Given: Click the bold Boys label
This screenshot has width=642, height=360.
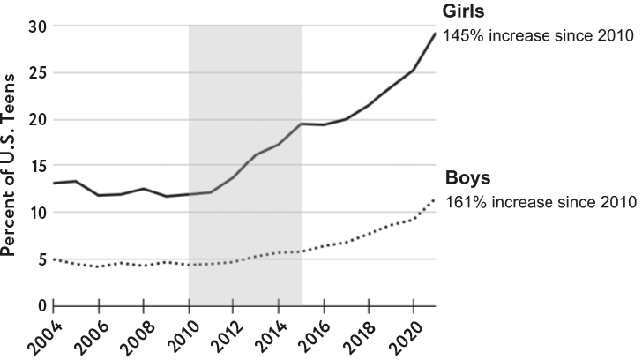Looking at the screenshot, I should tap(467, 177).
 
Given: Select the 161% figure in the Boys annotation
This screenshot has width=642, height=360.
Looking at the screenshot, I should tap(464, 201).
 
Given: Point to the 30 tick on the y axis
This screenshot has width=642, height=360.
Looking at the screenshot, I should tap(36, 26).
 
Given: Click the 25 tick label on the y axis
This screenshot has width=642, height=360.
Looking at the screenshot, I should tap(36, 73).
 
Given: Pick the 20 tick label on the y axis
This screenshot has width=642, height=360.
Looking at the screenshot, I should tap(36, 119).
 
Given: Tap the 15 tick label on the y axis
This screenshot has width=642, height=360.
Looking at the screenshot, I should tap(36, 166).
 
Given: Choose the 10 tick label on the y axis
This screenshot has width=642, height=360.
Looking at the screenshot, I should tap(36, 213).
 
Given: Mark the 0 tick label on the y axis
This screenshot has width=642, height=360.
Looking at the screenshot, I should tap(40, 305).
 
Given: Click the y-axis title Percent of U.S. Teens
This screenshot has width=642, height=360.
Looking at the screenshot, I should tap(13, 166).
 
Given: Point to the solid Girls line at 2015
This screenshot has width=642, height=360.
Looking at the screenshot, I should tap(302, 124).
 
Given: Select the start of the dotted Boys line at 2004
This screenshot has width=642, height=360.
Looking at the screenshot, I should tap(54, 259).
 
